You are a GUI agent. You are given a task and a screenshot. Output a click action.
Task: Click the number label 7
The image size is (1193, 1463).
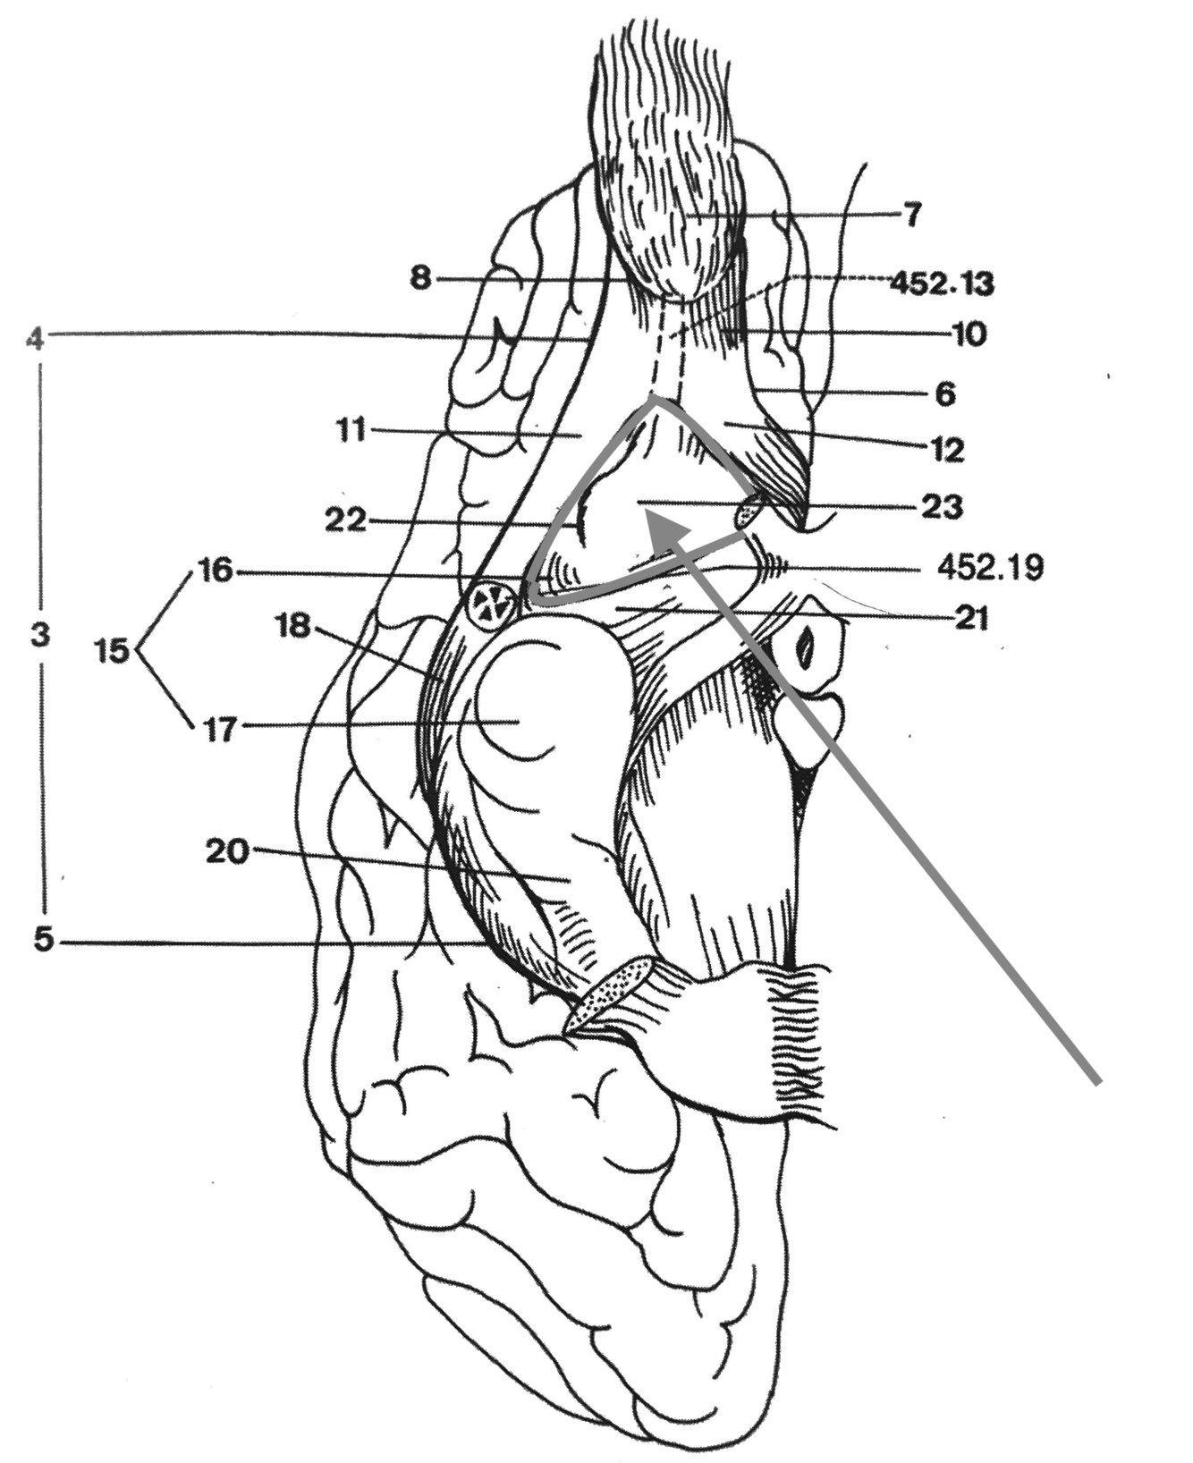[911, 216]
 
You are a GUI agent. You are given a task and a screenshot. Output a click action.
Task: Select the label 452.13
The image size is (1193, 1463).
[942, 283]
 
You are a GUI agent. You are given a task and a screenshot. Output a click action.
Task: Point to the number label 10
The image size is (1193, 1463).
[963, 334]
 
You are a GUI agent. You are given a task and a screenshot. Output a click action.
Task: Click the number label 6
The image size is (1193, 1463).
[946, 393]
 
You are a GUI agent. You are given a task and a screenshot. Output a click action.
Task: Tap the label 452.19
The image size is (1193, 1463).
[990, 568]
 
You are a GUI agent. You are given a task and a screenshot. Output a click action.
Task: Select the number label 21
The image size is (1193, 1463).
[970, 618]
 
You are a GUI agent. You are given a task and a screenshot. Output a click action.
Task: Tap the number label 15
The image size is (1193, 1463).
[114, 650]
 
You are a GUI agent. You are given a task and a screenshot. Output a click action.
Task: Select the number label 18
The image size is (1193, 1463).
[292, 627]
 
